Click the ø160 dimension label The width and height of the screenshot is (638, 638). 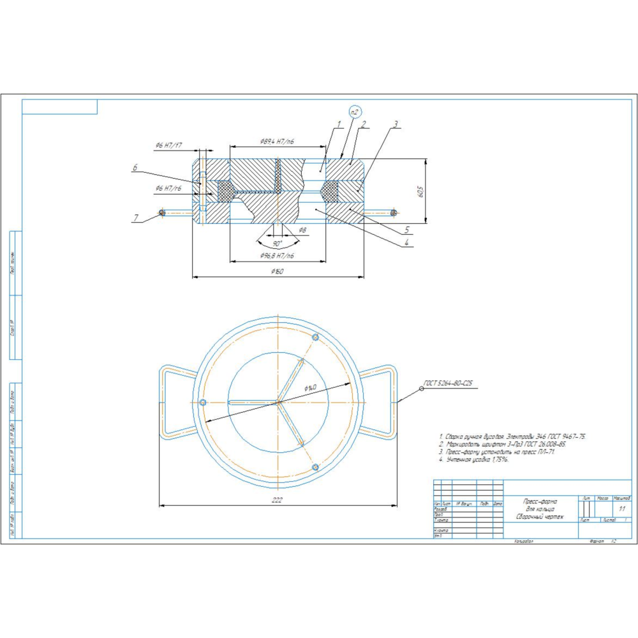[276, 272]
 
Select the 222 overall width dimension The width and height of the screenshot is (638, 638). [276, 500]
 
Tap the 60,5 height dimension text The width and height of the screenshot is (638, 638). [420, 191]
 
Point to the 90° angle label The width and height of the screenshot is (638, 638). [278, 244]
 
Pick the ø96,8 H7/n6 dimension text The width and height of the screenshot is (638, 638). [277, 256]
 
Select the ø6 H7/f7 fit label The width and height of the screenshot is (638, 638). [168, 145]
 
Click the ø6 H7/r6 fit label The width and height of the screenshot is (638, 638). [168, 188]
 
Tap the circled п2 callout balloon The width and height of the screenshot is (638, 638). [355, 112]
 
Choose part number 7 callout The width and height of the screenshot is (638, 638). [136, 218]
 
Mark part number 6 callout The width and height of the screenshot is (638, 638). [135, 168]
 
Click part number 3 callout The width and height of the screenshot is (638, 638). [396, 124]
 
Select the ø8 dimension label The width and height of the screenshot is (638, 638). [302, 230]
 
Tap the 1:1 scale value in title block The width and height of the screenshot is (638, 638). [622, 508]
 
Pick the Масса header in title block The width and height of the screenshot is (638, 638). [602, 497]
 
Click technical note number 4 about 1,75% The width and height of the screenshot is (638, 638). [474, 459]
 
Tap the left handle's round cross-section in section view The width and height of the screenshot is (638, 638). [162, 213]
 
